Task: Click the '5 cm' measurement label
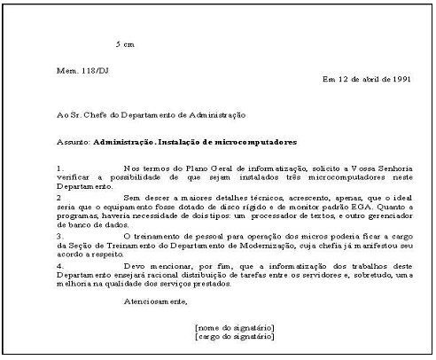click(124, 43)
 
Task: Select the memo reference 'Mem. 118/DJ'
click(76, 69)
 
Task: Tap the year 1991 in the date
click(401, 79)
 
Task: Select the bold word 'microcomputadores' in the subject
click(257, 142)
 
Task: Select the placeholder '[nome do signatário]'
click(234, 329)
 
